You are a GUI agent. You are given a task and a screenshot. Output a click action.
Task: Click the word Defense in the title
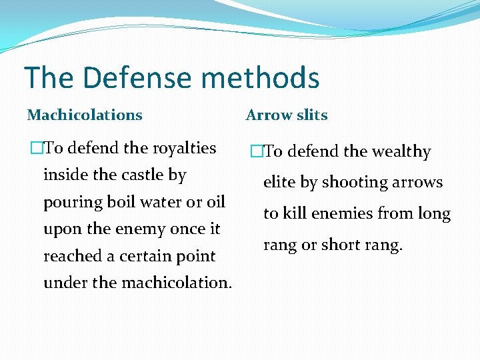[137, 78]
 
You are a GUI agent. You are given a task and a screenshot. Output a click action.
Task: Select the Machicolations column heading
[85, 115]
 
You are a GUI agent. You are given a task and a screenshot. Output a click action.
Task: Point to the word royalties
[185, 148]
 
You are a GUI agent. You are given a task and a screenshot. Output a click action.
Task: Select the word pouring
[71, 203]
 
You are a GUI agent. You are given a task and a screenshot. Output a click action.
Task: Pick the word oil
[215, 202]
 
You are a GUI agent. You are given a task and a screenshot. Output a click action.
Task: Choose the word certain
[146, 256]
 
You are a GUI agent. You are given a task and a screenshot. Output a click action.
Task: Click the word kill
[295, 214]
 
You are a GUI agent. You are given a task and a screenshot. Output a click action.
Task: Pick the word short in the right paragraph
[341, 245]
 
